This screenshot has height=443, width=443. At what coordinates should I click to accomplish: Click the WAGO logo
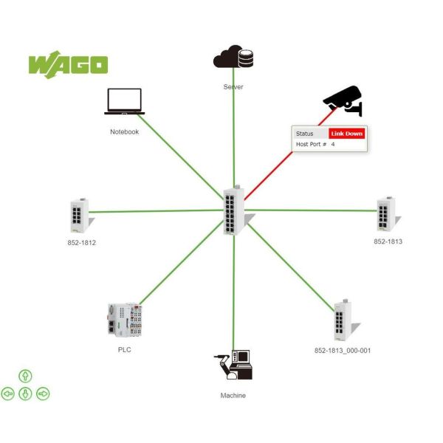[x=68, y=63]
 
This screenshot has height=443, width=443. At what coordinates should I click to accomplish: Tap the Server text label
[x=233, y=87]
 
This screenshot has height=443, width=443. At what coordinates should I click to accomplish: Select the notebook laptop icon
[x=124, y=102]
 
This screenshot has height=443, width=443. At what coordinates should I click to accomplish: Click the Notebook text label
[x=124, y=132]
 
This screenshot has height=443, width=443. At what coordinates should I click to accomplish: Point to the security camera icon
[x=343, y=102]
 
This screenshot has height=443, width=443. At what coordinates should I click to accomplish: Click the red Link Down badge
[x=346, y=134]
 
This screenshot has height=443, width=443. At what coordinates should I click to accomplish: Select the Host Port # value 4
[x=333, y=145]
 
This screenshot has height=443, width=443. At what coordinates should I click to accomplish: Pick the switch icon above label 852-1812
[x=78, y=215]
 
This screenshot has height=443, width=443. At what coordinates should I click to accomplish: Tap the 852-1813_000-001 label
[x=343, y=351]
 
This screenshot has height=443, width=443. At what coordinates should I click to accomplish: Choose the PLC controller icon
[x=120, y=319]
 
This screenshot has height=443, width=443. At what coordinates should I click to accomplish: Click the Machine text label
[x=233, y=396]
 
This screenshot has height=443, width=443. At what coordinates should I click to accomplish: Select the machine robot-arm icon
[x=233, y=365]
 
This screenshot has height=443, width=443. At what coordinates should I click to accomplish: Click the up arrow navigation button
[x=25, y=377]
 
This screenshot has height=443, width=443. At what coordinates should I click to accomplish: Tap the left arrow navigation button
[x=8, y=394]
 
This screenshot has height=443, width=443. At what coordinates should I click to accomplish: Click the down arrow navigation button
[x=25, y=394]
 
